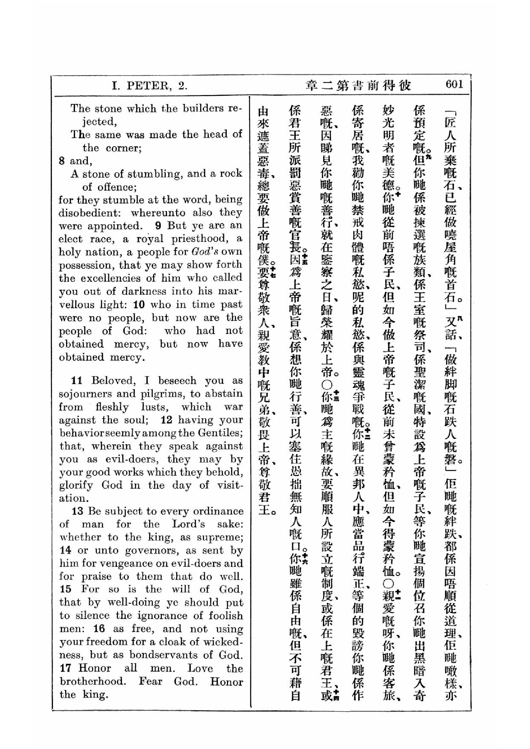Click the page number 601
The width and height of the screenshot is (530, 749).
coord(454,85)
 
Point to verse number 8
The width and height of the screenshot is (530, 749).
coord(62,161)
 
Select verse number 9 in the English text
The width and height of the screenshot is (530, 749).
coord(158,225)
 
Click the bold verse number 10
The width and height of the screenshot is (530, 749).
coord(139,304)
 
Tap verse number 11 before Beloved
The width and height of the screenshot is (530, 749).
coord(76,380)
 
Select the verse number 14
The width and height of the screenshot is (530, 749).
coord(65,550)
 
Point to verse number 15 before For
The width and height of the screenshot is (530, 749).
coord(65,589)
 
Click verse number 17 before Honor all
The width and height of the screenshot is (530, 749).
coord(65,668)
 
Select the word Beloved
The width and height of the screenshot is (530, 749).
coord(113,380)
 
